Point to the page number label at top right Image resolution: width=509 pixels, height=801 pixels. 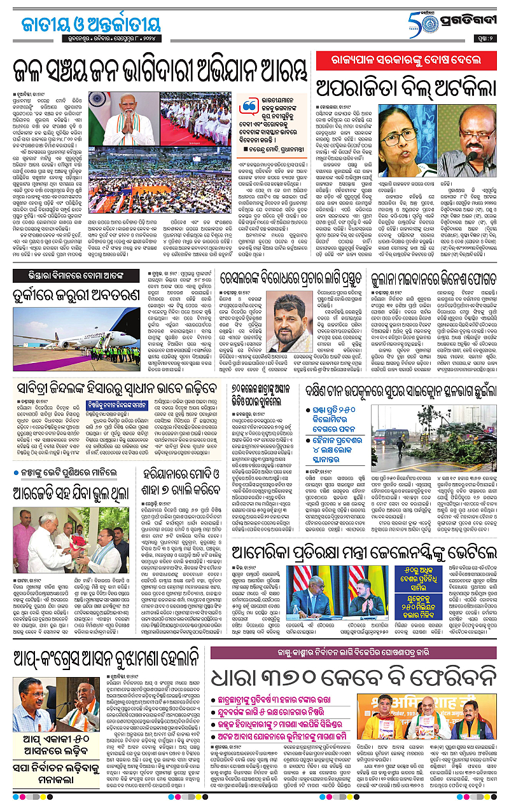(492, 38)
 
